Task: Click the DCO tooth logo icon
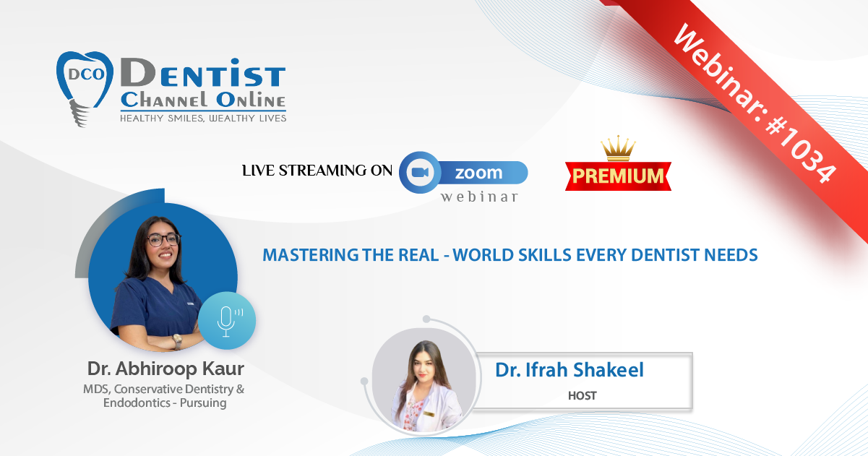[x=85, y=88]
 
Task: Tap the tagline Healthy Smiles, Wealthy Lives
[x=203, y=119]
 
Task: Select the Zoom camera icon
[x=420, y=172]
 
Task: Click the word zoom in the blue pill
[x=478, y=173]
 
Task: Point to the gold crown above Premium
[x=618, y=148]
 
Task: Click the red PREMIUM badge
[x=618, y=176]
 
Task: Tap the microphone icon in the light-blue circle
[x=228, y=322]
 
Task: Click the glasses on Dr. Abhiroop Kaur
[x=163, y=240]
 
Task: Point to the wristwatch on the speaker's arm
[x=178, y=341]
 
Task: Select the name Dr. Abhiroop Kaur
[x=166, y=369]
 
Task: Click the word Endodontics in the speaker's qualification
[x=137, y=403]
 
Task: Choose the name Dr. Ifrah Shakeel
[x=570, y=369]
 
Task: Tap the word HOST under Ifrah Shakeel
[x=583, y=395]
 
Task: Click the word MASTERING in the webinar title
[x=311, y=255]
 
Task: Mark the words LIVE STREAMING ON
[x=317, y=171]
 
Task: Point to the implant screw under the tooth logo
[x=79, y=113]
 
